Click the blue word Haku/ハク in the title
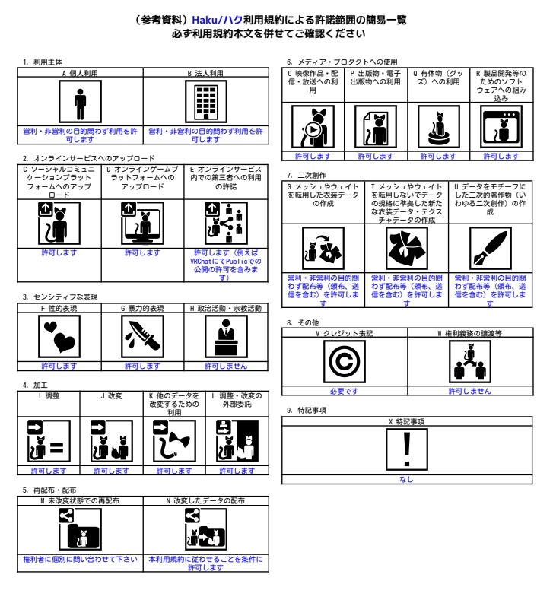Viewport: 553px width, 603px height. coord(217,20)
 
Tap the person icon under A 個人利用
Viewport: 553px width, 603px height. coord(80,102)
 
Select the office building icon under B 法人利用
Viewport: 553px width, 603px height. coord(206,102)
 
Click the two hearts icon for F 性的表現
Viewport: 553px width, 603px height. coord(59,337)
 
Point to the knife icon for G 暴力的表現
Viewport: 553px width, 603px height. coord(142,337)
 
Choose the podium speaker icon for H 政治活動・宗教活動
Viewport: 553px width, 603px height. coord(226,337)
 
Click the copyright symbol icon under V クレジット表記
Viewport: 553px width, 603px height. coord(345,361)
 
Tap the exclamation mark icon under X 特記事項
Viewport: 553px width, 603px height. coord(407,449)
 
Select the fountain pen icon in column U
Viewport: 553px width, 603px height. coord(491,248)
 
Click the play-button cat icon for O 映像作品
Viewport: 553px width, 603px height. coord(313,126)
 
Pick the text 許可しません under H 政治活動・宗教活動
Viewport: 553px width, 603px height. coord(226,366)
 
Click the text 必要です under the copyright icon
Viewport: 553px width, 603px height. coord(344,391)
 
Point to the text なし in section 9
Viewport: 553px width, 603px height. coord(406,479)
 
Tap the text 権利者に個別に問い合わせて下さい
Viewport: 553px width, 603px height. coord(80,559)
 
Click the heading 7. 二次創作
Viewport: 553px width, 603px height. coord(307,176)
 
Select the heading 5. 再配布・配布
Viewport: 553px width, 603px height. coord(49,490)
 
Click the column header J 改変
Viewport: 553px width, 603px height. coord(111,395)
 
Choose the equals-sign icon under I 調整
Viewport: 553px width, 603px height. coord(49,441)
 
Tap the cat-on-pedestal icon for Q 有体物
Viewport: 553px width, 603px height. coord(439,126)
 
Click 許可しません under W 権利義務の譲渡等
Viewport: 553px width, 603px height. coord(470,391)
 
